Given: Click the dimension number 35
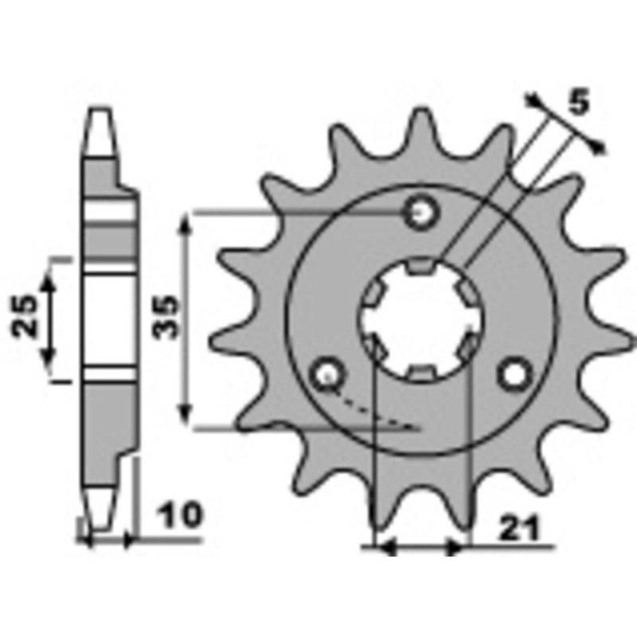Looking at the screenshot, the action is (x=166, y=317).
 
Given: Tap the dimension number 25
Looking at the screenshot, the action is (x=24, y=315).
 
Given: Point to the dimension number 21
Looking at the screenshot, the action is (x=520, y=529).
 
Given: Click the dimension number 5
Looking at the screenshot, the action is (x=579, y=102).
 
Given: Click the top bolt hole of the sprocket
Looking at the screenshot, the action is (x=421, y=212).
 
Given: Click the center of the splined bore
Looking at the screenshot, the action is (x=421, y=320).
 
